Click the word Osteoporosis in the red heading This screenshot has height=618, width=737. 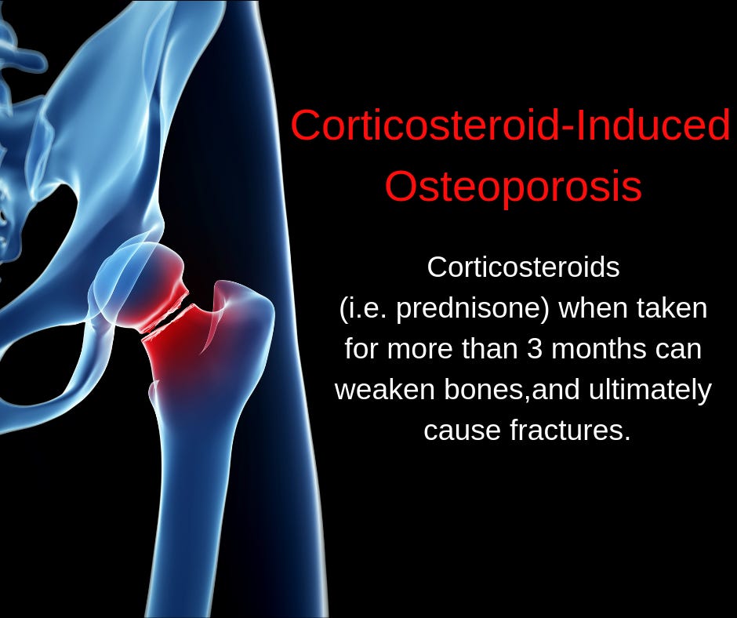pyautogui.click(x=514, y=186)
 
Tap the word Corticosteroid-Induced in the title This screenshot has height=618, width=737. pyautogui.click(x=510, y=126)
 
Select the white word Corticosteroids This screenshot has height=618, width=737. pyautogui.click(x=523, y=267)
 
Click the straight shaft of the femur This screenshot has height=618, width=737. pyautogui.click(x=196, y=510)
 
